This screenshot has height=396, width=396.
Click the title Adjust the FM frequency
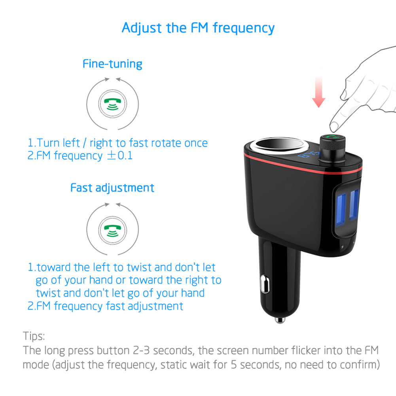coord(198,28)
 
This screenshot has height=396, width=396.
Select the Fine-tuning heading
coord(112,64)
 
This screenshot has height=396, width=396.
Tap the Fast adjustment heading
coord(112,188)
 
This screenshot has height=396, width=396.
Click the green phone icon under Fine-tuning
coord(112,104)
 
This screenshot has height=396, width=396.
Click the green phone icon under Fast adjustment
coord(112,228)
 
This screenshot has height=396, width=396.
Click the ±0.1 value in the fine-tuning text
coord(120,155)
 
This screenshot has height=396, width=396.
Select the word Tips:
coord(34,337)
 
